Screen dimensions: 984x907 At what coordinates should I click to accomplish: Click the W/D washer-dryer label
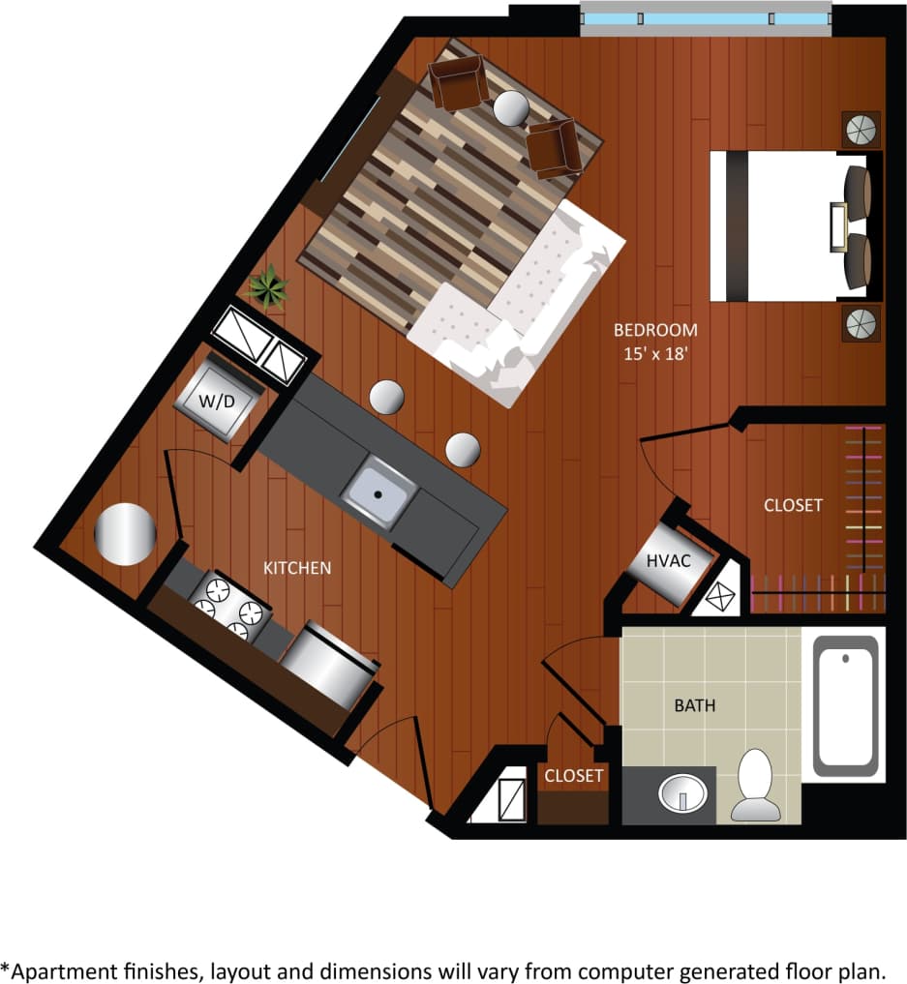click(x=217, y=401)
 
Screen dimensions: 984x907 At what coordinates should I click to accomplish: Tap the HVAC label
click(x=668, y=560)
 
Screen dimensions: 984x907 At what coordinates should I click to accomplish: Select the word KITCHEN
click(x=297, y=568)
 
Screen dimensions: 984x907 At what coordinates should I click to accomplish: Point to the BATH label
click(x=695, y=705)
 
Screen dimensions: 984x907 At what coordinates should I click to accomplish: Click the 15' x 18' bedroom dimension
click(x=656, y=354)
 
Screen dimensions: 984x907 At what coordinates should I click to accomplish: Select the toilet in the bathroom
click(x=756, y=785)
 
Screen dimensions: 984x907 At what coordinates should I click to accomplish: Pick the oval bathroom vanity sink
click(x=683, y=793)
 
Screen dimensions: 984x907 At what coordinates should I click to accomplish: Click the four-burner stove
click(x=229, y=606)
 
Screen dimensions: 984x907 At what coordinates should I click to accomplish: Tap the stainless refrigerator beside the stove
click(x=328, y=666)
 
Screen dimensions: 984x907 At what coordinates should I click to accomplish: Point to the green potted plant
click(x=266, y=287)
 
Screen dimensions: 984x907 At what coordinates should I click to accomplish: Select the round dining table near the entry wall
click(x=124, y=533)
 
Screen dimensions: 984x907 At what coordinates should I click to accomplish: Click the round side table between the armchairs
click(x=511, y=107)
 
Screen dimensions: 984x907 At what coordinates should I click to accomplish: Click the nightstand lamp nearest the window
click(x=861, y=129)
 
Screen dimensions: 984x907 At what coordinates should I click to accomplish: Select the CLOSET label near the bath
click(x=574, y=776)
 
